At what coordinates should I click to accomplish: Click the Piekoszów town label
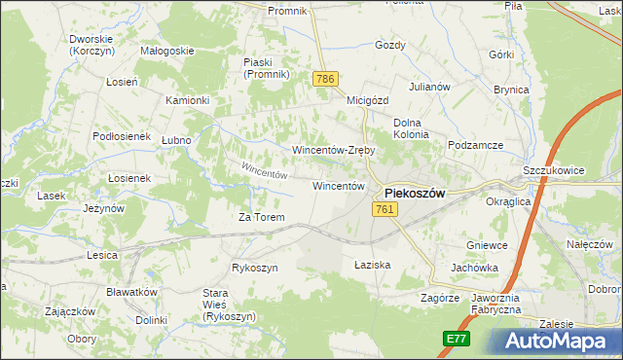pyautogui.click(x=415, y=193)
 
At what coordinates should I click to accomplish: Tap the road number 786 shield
pyautogui.click(x=325, y=78)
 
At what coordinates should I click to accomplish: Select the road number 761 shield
pyautogui.click(x=384, y=209)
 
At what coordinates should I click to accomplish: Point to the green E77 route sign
pyautogui.click(x=456, y=338)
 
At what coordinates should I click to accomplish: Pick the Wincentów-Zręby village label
pyautogui.click(x=334, y=151)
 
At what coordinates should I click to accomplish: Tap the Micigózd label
pyautogui.click(x=367, y=99)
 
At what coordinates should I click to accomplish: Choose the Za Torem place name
pyautogui.click(x=262, y=217)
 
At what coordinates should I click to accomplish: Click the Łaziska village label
pyautogui.click(x=372, y=265)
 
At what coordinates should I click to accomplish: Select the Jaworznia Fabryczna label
pyautogui.click(x=495, y=303)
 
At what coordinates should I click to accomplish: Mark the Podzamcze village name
pyautogui.click(x=475, y=145)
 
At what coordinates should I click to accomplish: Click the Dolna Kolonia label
pyautogui.click(x=410, y=128)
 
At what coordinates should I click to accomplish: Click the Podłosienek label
pyautogui.click(x=121, y=136)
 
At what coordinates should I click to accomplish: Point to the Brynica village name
pyautogui.click(x=511, y=90)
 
